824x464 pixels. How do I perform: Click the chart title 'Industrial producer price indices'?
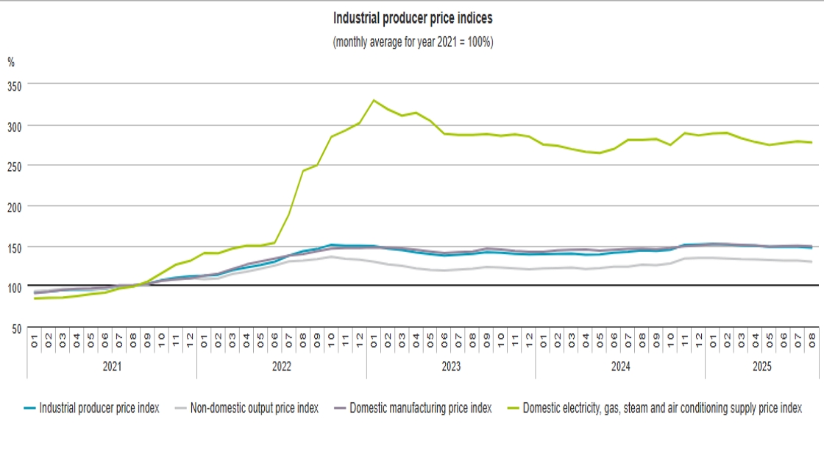413,18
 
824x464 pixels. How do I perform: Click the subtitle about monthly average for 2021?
413,42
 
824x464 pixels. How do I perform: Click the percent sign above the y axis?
11,63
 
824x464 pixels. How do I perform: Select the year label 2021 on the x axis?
112,366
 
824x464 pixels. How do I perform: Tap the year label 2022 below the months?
281,366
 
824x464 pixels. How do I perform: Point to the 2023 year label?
450,366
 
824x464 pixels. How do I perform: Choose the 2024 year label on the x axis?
619,366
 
